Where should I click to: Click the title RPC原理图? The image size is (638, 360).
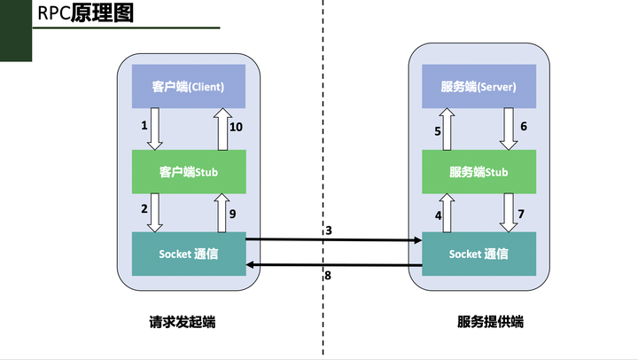pyautogui.click(x=85, y=15)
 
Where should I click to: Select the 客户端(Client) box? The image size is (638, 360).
pyautogui.click(x=188, y=87)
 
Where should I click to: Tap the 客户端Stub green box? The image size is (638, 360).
pyautogui.click(x=188, y=172)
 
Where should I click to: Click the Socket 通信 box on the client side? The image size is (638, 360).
pyautogui.click(x=188, y=254)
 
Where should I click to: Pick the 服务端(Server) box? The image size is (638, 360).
pyautogui.click(x=478, y=87)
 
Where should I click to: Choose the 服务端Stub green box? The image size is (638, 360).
pyautogui.click(x=478, y=172)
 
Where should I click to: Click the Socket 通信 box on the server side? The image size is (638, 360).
pyautogui.click(x=478, y=254)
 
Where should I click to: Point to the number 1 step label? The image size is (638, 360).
pyautogui.click(x=144, y=126)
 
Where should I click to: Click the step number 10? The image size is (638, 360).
pyautogui.click(x=236, y=128)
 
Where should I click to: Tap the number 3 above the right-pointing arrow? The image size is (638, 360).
pyautogui.click(x=328, y=231)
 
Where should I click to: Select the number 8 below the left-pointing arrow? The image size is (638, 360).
pyautogui.click(x=328, y=276)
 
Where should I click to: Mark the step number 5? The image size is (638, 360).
pyautogui.click(x=437, y=131)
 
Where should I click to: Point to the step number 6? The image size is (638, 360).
pyautogui.click(x=523, y=127)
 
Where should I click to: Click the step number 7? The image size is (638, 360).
pyautogui.click(x=521, y=214)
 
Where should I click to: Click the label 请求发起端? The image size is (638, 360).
pyautogui.click(x=183, y=322)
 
